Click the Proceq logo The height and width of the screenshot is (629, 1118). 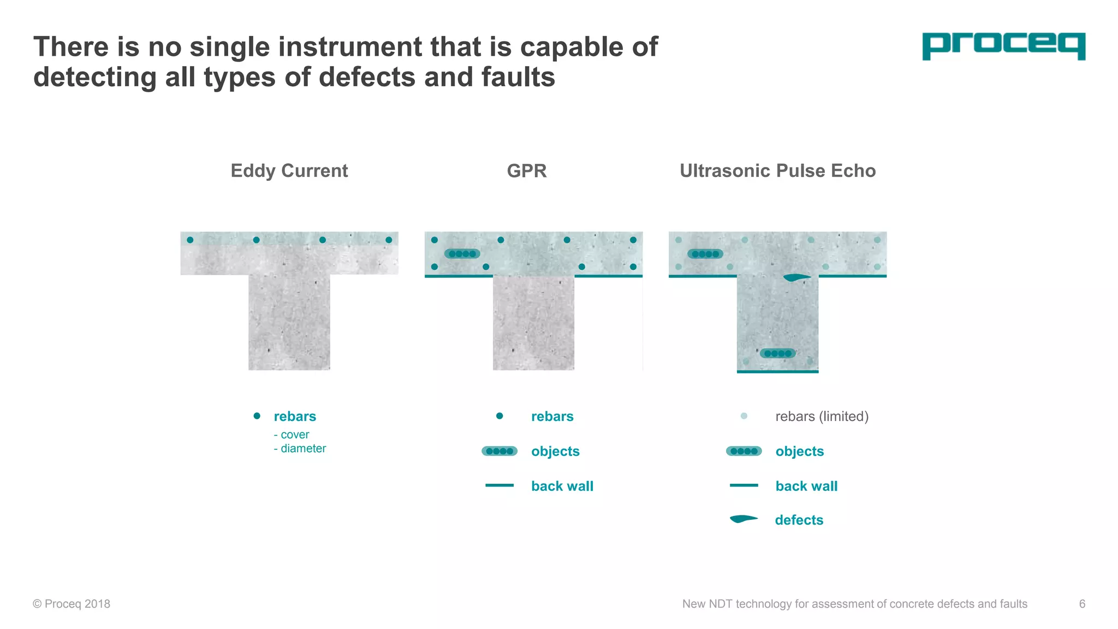tap(1003, 46)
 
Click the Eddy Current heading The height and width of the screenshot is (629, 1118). tap(289, 171)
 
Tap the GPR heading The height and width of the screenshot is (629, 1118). tap(526, 171)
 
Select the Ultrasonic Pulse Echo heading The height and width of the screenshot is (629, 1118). tap(777, 171)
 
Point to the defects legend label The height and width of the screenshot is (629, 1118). tap(799, 520)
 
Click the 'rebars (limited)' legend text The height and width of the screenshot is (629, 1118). tap(822, 417)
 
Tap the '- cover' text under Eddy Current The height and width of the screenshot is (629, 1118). tap(292, 435)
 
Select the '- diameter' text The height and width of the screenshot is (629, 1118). tap(300, 448)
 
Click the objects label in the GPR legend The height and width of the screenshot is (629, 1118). tap(555, 452)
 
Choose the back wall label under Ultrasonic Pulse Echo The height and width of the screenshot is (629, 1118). tap(806, 486)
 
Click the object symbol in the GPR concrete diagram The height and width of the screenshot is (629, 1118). tap(462, 254)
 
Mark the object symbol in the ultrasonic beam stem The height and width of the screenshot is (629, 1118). tap(778, 353)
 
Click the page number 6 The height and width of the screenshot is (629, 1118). tap(1082, 604)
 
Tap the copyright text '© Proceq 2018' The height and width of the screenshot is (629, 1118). tap(72, 604)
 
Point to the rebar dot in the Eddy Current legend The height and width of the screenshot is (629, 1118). tap(257, 416)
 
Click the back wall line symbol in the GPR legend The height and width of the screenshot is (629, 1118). tap(499, 485)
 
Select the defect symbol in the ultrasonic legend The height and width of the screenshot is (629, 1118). tap(744, 519)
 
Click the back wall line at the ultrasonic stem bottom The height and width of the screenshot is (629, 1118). tap(777, 372)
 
